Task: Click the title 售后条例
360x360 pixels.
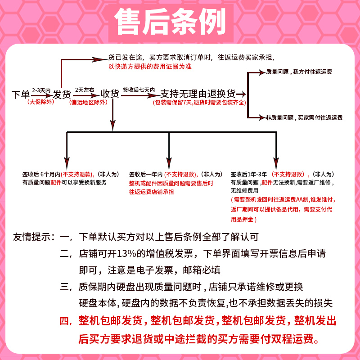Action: (x=170, y=22)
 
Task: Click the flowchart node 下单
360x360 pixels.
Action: (x=21, y=94)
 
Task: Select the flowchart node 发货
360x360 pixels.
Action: (x=62, y=94)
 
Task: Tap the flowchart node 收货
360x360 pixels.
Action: (x=110, y=94)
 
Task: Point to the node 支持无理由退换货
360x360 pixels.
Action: (x=198, y=94)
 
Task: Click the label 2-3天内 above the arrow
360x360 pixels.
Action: (x=41, y=90)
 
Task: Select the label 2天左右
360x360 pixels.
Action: (x=85, y=90)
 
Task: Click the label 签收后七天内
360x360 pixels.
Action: (x=139, y=90)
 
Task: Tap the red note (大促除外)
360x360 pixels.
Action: (x=40, y=102)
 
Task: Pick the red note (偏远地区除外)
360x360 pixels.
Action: (x=88, y=102)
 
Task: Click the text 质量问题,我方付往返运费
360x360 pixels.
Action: (x=299, y=72)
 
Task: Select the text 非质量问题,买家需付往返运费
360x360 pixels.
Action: (x=304, y=117)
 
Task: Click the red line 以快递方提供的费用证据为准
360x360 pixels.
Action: (x=150, y=67)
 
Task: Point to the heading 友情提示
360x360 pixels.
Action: (x=31, y=237)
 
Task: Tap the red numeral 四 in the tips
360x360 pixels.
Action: (x=64, y=321)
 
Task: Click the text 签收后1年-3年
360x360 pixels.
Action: (x=249, y=174)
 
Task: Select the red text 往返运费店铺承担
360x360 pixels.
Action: (x=151, y=192)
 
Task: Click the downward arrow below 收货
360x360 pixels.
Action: (x=112, y=115)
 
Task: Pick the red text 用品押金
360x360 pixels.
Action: (x=242, y=219)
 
